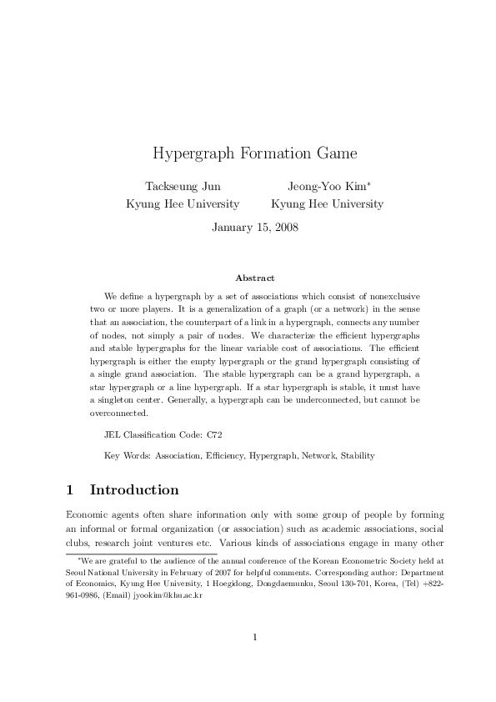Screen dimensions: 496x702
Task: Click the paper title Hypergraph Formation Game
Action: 248,154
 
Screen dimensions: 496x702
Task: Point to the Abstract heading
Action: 255,278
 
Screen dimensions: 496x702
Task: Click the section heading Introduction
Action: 133,489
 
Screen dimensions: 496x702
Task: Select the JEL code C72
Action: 214,434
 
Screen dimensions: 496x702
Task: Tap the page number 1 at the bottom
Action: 255,638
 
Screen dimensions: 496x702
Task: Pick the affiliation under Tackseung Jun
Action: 182,203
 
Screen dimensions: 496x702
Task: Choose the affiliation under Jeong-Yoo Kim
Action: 328,203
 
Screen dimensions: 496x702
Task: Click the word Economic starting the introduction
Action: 85,514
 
